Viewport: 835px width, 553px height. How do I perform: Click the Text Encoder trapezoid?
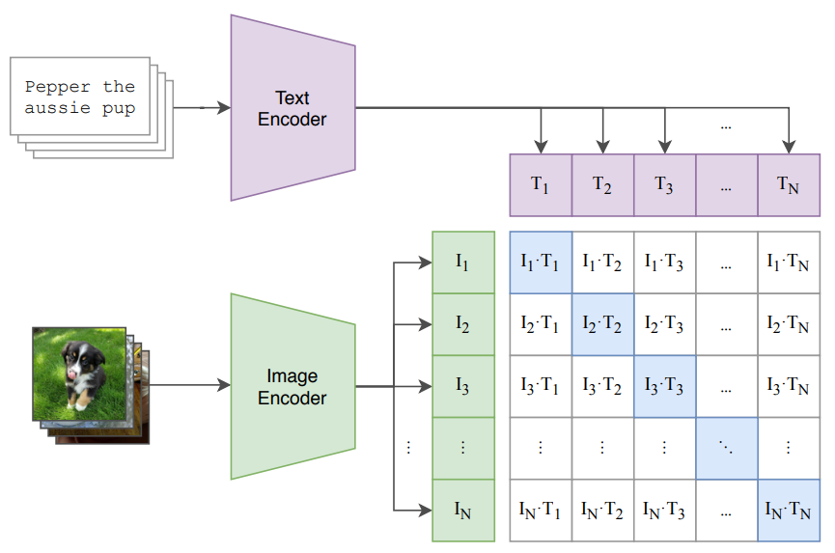tap(292, 108)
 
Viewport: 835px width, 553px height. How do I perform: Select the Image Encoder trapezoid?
tap(292, 386)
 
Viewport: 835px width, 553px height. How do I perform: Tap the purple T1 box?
tap(541, 185)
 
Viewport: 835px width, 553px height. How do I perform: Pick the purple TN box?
tap(789, 185)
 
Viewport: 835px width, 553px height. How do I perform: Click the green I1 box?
tap(463, 263)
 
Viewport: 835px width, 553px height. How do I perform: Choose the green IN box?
tap(463, 510)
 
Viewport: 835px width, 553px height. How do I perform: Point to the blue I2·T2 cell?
tap(602, 324)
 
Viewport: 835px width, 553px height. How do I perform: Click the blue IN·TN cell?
tap(789, 510)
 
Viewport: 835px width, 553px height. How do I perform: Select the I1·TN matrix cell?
tap(789, 263)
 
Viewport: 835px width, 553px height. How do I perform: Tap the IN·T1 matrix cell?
tap(541, 510)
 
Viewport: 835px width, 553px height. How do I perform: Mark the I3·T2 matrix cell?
tap(602, 386)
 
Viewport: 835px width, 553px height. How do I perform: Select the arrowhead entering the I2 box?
tap(426, 324)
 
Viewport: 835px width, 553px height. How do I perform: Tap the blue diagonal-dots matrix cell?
tap(726, 448)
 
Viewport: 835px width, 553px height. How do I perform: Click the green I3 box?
tap(463, 386)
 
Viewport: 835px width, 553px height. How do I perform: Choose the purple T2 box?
tap(602, 185)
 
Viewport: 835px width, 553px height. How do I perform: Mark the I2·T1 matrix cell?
tap(541, 324)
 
